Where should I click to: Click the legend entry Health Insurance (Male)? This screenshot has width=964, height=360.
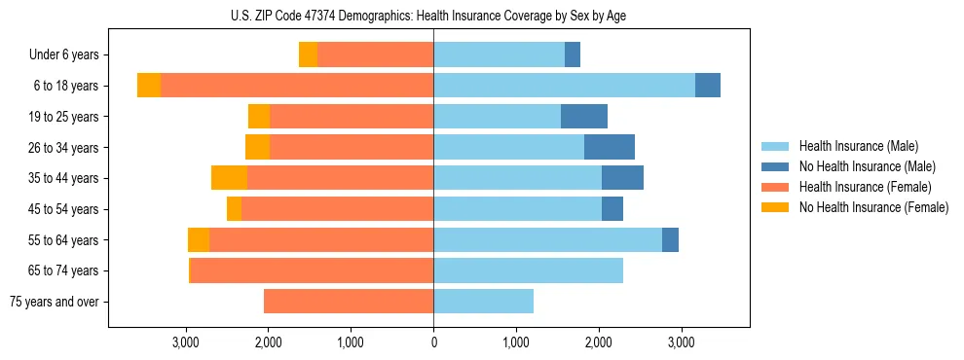coord(858,146)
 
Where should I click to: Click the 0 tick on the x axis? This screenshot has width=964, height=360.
coord(433,342)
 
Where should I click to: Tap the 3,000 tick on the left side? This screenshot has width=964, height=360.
coord(186,342)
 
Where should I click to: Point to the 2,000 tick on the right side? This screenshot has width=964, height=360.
coord(598,342)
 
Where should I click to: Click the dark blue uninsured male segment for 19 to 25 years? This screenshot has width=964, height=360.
coord(584,117)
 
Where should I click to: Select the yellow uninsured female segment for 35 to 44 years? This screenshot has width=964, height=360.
coord(229,178)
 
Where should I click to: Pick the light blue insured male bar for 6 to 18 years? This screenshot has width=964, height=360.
coord(564,86)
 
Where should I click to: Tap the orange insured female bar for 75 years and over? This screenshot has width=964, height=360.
coord(349,302)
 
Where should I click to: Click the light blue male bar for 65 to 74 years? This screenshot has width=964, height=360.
coord(528,270)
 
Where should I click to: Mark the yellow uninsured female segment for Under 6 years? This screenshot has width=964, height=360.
coord(308,55)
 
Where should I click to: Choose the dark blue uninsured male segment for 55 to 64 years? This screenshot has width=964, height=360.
coord(670,240)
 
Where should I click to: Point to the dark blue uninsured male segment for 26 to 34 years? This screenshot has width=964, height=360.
coord(610,148)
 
